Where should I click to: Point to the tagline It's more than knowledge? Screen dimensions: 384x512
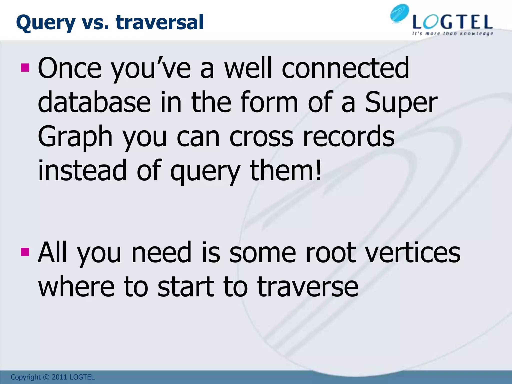(x=452, y=33)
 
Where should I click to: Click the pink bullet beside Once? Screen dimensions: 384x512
(x=25, y=67)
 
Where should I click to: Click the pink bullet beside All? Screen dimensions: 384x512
(x=25, y=252)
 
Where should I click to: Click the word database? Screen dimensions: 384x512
(x=94, y=102)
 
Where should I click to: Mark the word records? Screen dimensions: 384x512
(x=348, y=136)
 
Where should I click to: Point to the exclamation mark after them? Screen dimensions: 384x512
(x=318, y=170)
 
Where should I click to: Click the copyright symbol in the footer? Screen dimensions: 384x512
(x=46, y=377)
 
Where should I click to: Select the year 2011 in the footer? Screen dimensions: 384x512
(x=59, y=377)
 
